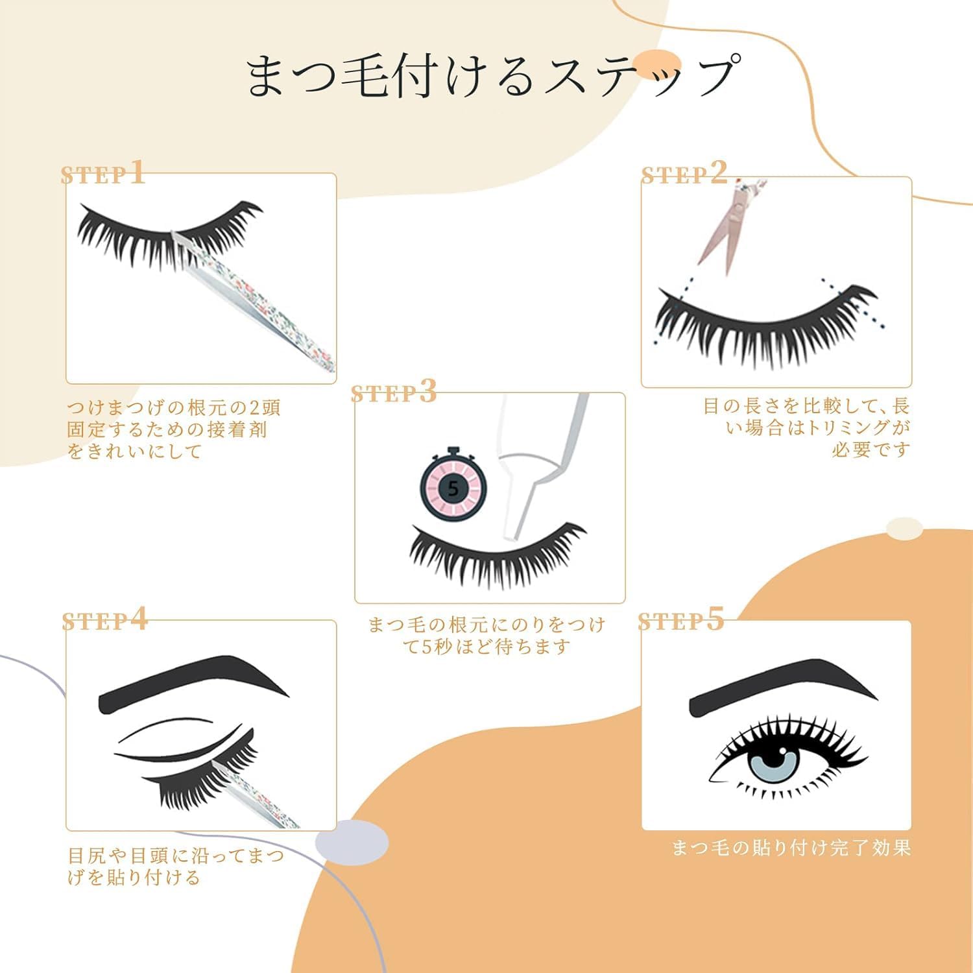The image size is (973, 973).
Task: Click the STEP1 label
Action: click(102, 174)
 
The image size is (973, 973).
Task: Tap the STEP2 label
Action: click(684, 174)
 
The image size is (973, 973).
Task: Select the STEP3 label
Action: click(394, 392)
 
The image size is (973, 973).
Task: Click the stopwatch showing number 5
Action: click(453, 488)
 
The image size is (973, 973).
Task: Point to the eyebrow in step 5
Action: click(772, 688)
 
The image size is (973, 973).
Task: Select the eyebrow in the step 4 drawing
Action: click(195, 684)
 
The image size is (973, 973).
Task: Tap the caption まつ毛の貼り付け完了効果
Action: click(791, 848)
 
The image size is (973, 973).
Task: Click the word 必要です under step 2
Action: click(871, 450)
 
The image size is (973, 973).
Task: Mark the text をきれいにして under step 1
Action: click(135, 451)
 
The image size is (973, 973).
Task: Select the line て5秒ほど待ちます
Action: click(486, 647)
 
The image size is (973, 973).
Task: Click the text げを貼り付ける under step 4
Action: click(134, 878)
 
